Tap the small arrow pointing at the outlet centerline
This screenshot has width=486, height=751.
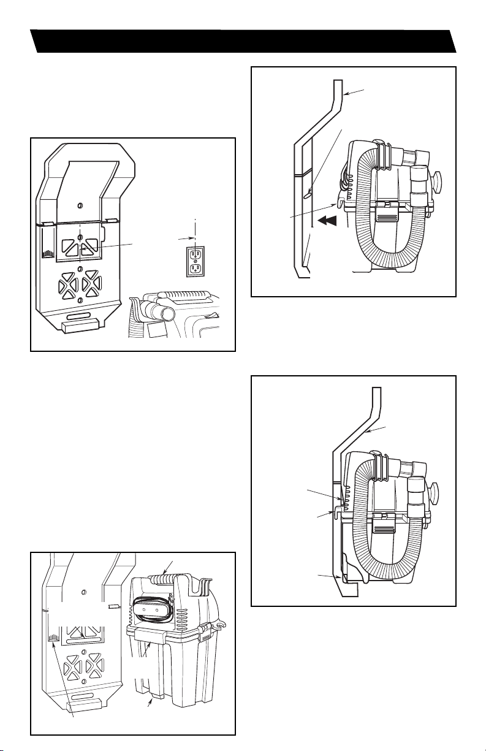pyautogui.click(x=186, y=237)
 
